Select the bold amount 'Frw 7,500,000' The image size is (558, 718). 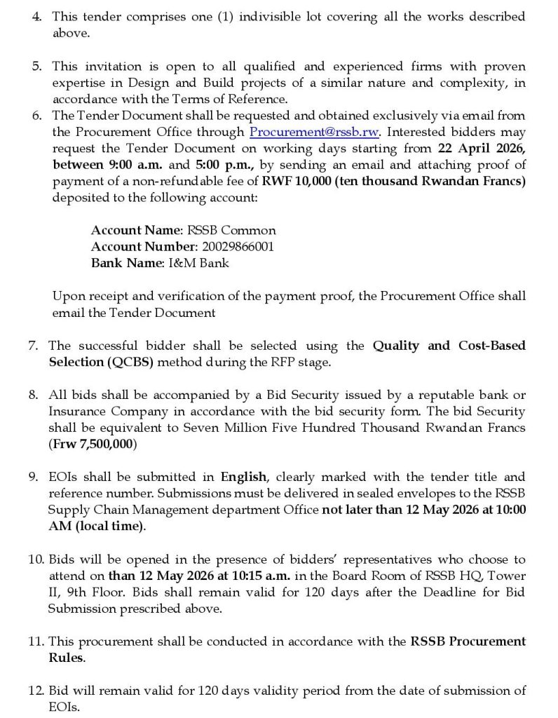click(x=93, y=444)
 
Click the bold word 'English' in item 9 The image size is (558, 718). click(x=244, y=477)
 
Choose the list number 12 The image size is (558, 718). click(x=37, y=691)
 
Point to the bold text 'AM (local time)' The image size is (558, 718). click(x=96, y=527)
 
